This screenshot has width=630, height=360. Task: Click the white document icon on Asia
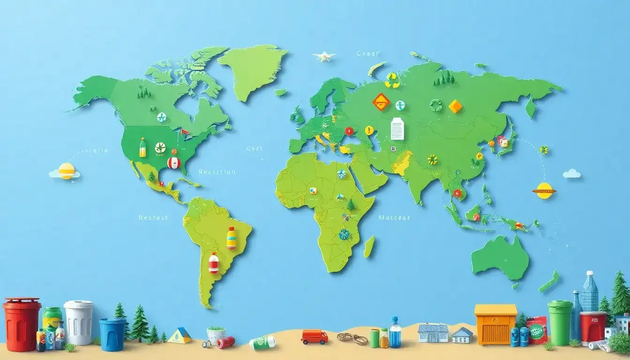pos(397,128)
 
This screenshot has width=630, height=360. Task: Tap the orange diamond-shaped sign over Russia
pos(381,102)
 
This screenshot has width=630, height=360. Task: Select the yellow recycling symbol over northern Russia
pos(392,80)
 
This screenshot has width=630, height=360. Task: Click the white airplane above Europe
pos(324,56)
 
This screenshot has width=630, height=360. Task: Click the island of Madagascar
pos(369,246)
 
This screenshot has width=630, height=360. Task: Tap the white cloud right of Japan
pos(572,174)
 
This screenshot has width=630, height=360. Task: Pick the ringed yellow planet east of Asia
pos(544,190)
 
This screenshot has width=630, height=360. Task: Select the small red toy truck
pos(314,337)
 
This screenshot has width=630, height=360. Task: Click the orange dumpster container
pos(495,324)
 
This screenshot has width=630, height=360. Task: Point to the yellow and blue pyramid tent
pos(180,336)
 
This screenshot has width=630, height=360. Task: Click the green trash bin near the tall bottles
pos(560,323)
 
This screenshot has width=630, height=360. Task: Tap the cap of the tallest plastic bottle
pos(590,273)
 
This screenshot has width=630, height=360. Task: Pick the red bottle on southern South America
pos(214,263)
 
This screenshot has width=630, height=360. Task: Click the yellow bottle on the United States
pos(142,148)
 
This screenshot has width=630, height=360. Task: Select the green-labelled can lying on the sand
pos(262,343)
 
